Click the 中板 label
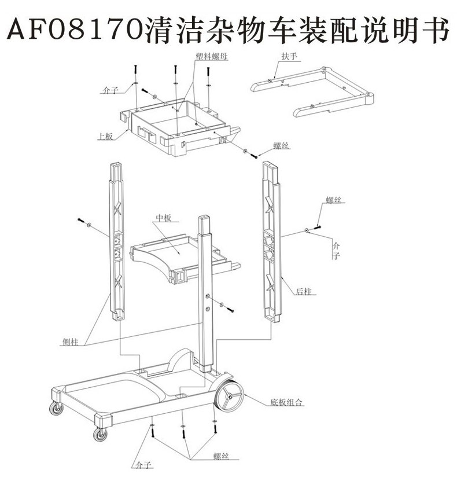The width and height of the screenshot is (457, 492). click(164, 219)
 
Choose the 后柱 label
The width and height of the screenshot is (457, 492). click(303, 292)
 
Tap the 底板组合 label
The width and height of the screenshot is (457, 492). click(286, 402)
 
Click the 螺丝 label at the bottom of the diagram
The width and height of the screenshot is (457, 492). click(221, 457)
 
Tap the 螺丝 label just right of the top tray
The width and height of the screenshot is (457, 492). click(281, 146)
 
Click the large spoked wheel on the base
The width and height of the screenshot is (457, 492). click(230, 398)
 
